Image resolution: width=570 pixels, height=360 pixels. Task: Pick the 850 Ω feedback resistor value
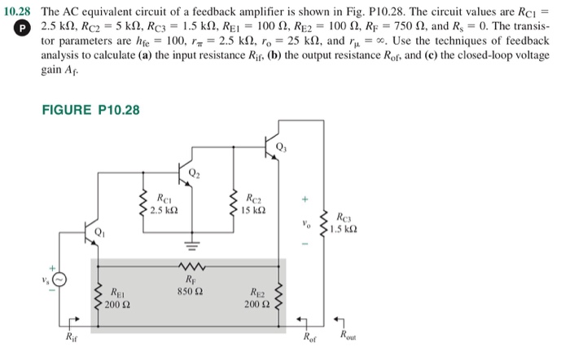189,288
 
